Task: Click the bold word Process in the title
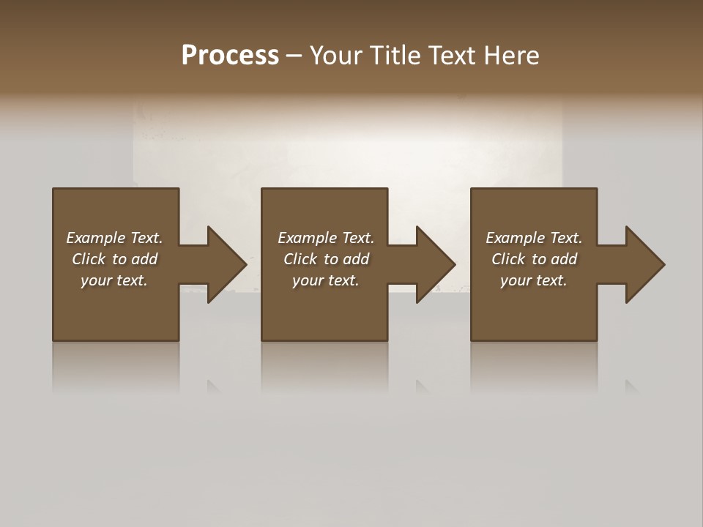pos(230,56)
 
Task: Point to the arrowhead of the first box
pos(226,264)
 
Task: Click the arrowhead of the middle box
pos(436,264)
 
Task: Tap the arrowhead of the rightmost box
pos(644,264)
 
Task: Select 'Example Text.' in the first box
pos(114,238)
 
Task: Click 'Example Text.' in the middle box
pos(326,238)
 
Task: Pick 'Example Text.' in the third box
pos(534,238)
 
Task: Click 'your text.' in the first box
pos(114,280)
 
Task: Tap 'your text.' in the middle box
pos(326,280)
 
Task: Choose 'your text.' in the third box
pos(534,280)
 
